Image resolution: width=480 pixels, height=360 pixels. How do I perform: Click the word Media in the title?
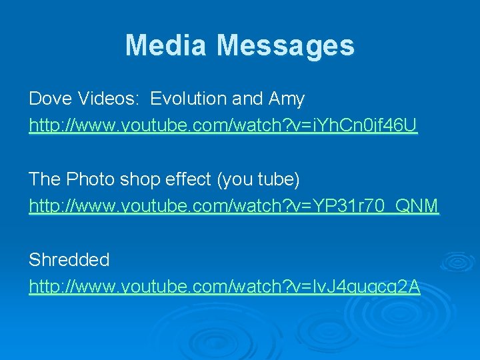coord(167,45)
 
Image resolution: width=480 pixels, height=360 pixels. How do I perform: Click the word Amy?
coord(287,99)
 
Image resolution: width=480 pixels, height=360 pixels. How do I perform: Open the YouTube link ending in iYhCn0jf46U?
coord(223,125)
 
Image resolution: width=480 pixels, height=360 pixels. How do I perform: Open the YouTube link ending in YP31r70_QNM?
coord(233,207)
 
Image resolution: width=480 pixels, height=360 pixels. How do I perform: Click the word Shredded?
coord(69,260)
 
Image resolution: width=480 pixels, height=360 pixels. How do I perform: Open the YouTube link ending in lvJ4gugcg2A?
coord(224,287)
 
